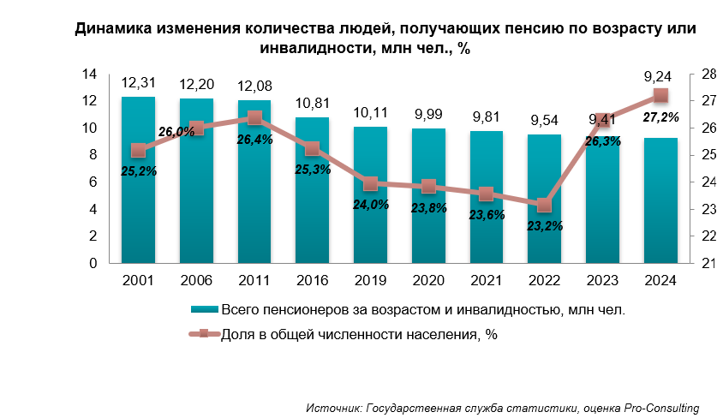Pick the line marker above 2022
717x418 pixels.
[544, 206]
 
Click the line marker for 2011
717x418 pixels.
[254, 118]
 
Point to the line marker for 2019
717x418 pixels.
[370, 183]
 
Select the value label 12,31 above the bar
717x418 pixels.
[138, 83]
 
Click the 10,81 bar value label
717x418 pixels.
[312, 104]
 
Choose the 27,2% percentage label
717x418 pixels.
[660, 117]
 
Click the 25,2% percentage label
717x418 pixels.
[138, 171]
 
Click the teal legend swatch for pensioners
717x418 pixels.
[204, 309]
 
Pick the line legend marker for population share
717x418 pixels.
[204, 335]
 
